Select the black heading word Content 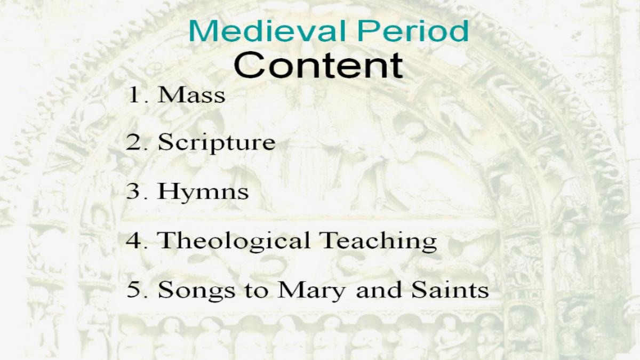click(318, 65)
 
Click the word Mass click(191, 94)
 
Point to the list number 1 click(134, 94)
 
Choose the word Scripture click(217, 143)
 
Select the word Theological click(234, 242)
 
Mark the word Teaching click(378, 242)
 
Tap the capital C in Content click(249, 65)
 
